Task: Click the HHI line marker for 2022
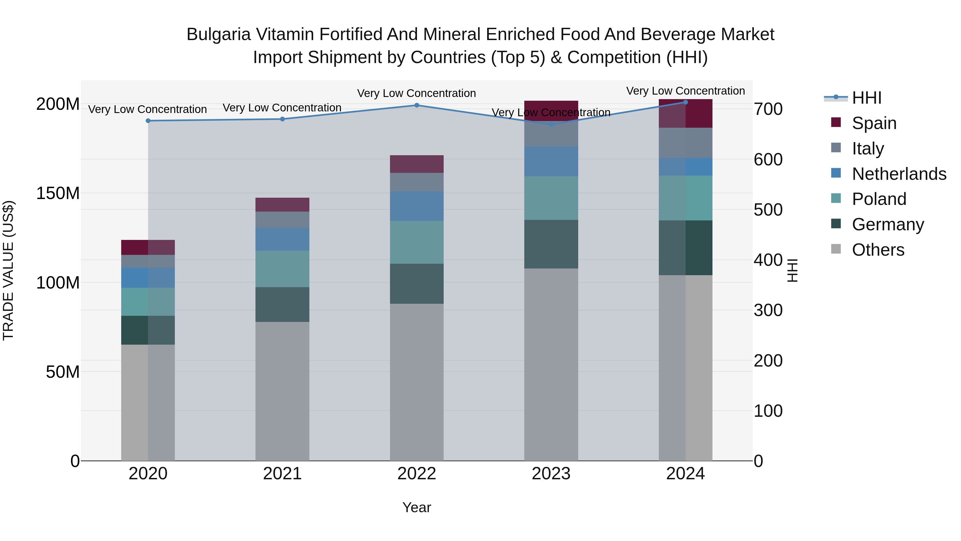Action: pos(417,105)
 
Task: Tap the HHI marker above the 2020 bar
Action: pos(148,120)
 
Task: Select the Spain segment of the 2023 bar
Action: pos(551,110)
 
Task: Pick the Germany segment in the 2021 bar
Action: pos(282,304)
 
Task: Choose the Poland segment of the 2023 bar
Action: pos(551,198)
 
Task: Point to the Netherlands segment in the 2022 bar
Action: pos(417,206)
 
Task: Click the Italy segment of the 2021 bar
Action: pos(282,220)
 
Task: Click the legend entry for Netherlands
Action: pos(899,174)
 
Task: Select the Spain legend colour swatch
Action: pos(836,122)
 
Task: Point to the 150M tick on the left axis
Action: pos(58,193)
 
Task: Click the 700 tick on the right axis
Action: pos(768,109)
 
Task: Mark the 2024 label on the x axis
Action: pos(685,474)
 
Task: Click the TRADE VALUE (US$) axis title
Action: pos(8,270)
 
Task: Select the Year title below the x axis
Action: pos(417,507)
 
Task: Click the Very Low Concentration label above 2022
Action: pos(416,93)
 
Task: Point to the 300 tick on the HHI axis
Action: pos(768,310)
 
